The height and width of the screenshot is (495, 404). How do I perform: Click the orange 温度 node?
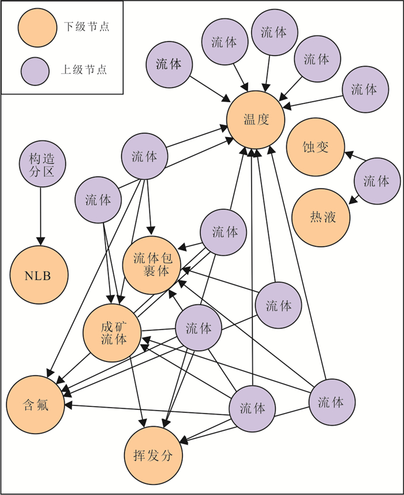click(256, 120)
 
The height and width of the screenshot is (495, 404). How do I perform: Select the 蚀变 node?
click(315, 147)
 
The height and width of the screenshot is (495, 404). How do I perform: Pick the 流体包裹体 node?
click(152, 264)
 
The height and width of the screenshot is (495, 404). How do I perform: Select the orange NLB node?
click(38, 276)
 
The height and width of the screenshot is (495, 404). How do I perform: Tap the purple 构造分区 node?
click(40, 164)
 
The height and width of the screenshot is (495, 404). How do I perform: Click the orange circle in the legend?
click(36, 27)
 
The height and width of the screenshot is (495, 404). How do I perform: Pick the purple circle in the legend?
click(36, 70)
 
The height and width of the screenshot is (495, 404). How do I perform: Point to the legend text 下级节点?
click(86, 27)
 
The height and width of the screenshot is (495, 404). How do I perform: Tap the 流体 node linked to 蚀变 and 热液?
click(376, 180)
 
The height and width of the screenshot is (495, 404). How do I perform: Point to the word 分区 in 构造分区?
click(40, 172)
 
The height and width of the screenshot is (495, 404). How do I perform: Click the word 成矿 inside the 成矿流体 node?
click(113, 326)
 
